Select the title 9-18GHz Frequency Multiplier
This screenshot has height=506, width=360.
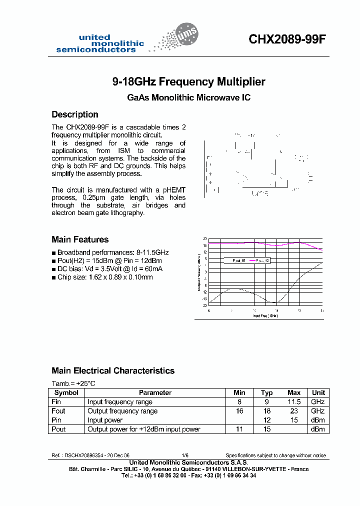(x=188, y=81)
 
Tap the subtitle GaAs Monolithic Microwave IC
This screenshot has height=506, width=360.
(x=188, y=98)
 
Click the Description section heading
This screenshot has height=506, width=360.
(x=75, y=114)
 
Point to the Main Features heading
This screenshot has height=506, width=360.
(x=80, y=239)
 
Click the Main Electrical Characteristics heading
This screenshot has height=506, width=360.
(x=113, y=371)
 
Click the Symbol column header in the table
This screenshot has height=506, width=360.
(x=66, y=393)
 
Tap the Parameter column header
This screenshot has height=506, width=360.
(x=155, y=393)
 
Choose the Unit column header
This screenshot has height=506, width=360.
(x=318, y=393)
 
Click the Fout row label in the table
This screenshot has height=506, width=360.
(x=58, y=411)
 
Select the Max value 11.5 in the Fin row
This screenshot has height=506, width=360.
(x=293, y=402)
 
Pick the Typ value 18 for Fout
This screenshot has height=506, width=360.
(x=267, y=411)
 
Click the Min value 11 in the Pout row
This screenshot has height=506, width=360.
(x=239, y=429)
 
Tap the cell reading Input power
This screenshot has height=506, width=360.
(x=105, y=420)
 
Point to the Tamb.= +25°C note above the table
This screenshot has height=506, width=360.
(x=73, y=383)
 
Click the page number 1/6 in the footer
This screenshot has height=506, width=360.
(x=184, y=455)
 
